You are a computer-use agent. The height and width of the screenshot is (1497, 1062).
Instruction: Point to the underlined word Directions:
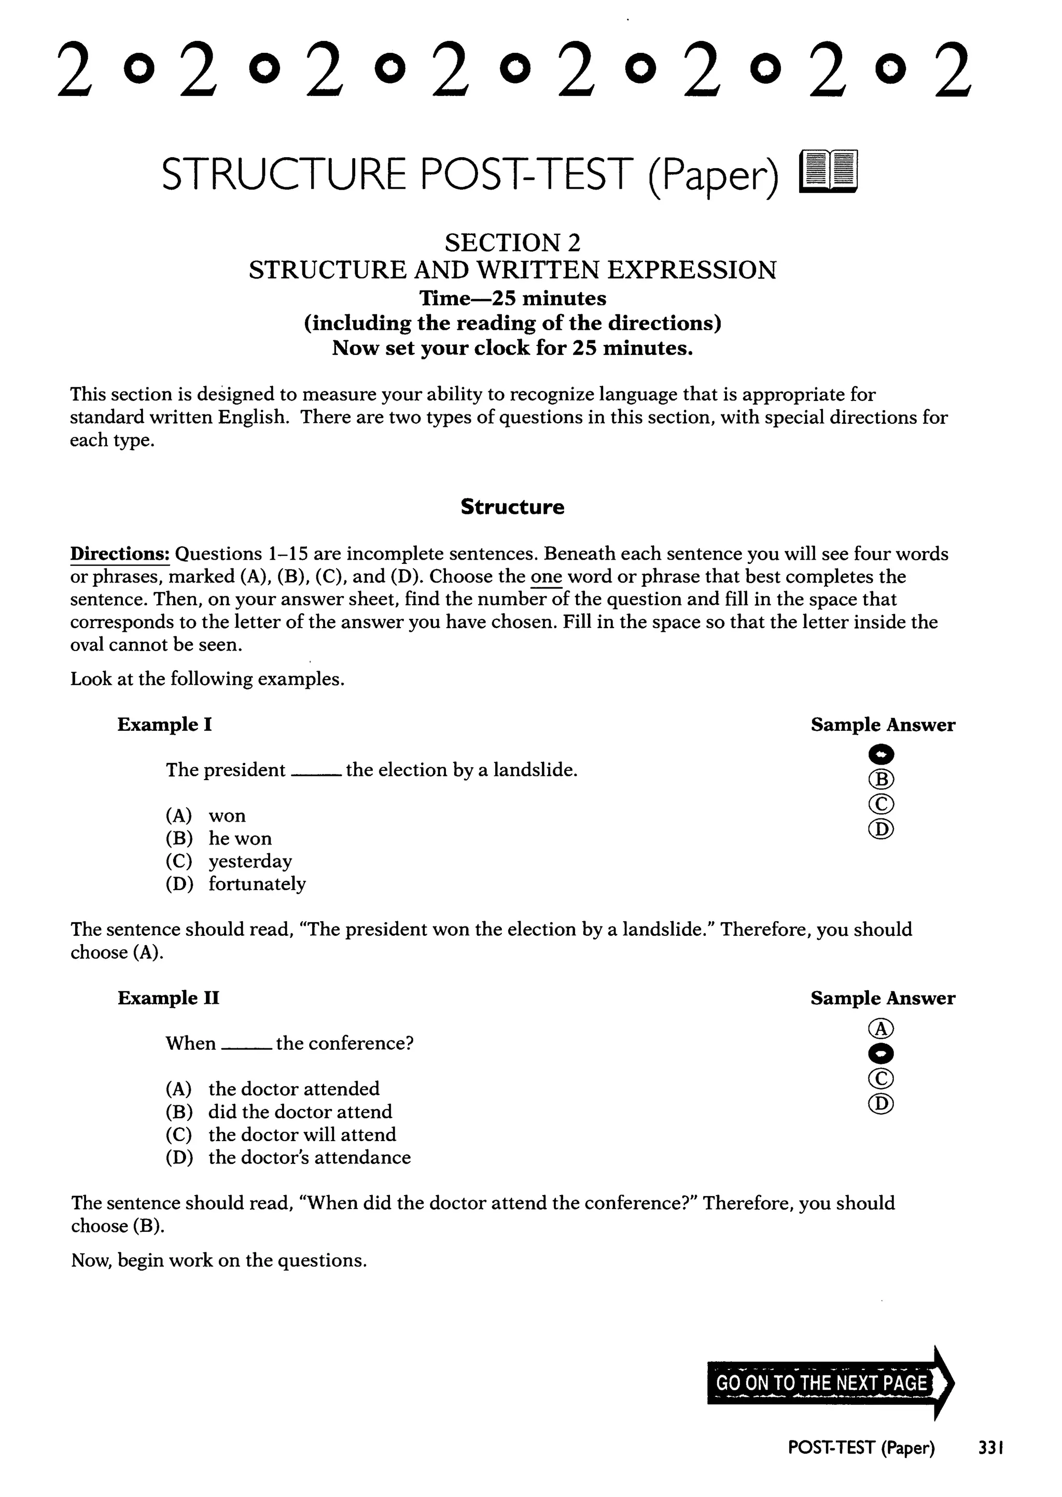(x=120, y=554)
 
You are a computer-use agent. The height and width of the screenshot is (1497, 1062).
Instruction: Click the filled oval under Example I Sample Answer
(x=881, y=755)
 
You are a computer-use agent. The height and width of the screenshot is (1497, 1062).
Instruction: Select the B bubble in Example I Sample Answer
(x=881, y=780)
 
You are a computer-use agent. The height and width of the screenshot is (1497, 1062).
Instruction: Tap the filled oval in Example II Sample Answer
(x=881, y=1054)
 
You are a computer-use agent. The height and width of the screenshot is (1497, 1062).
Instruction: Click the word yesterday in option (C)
(x=250, y=861)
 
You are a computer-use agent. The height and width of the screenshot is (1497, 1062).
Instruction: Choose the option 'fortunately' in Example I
(x=257, y=884)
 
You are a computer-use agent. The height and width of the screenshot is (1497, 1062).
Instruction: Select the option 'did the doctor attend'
(x=300, y=1112)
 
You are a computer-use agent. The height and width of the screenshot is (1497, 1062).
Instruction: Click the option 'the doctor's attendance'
(x=309, y=1158)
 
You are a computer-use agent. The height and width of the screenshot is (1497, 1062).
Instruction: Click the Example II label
(x=168, y=998)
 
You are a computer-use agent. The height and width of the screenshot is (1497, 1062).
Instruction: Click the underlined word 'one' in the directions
(x=546, y=577)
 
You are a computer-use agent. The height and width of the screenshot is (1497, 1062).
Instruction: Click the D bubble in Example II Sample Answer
(x=881, y=1104)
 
